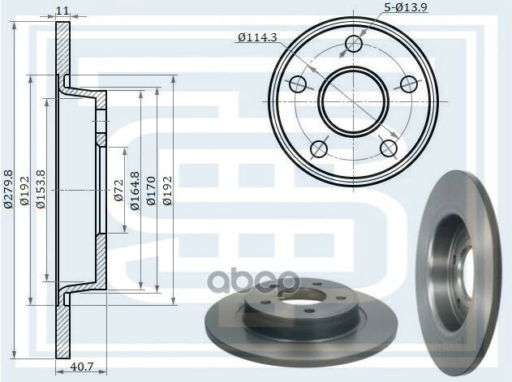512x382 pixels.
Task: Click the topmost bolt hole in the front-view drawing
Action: [x=354, y=43]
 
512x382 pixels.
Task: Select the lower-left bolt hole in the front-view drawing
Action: [x=319, y=148]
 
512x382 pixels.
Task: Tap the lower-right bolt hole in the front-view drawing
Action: [x=389, y=148]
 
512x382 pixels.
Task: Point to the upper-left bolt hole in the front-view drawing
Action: [x=298, y=84]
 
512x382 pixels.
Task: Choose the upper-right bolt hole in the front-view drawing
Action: [x=410, y=84]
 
